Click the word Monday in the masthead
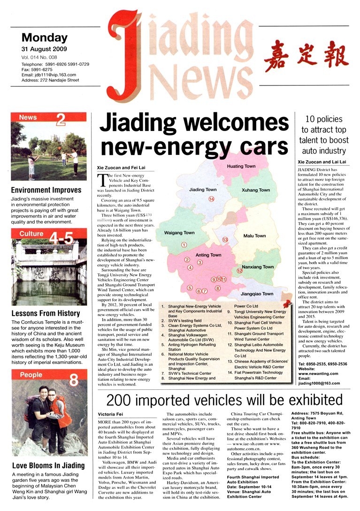point(45,38)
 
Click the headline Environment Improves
point(46,190)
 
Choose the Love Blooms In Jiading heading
point(48,465)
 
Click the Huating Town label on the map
point(241,166)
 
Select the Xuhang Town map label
point(256,190)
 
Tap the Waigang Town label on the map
point(179,233)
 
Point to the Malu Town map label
point(254,236)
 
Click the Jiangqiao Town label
point(256,294)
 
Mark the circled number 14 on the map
point(211,199)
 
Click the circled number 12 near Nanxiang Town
point(239,271)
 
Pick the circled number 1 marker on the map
point(184,245)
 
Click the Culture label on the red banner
point(31,233)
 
